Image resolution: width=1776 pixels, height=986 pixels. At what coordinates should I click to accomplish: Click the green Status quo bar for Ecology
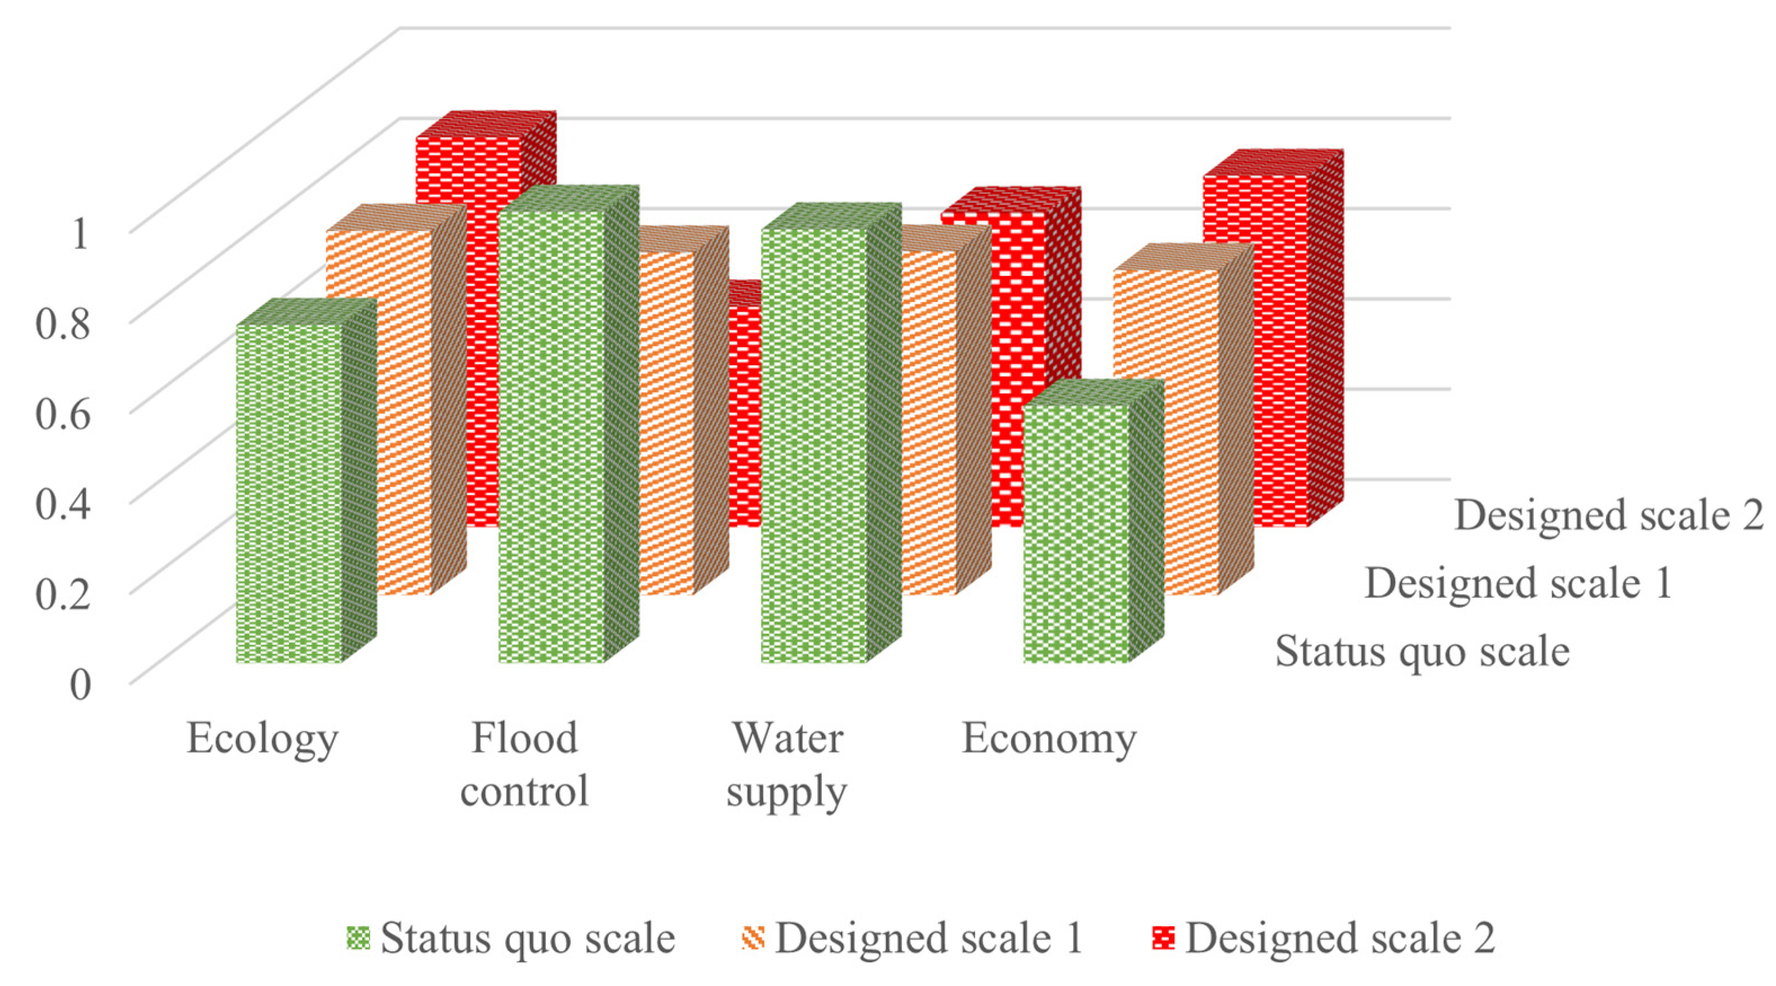point(289,493)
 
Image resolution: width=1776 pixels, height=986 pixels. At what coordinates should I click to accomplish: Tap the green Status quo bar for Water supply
point(813,445)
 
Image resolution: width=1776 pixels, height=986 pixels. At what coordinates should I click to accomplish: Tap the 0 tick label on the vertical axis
point(80,685)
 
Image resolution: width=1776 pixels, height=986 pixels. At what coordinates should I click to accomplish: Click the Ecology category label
point(262,739)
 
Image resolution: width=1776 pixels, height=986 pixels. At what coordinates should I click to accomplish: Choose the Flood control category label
point(524,764)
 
